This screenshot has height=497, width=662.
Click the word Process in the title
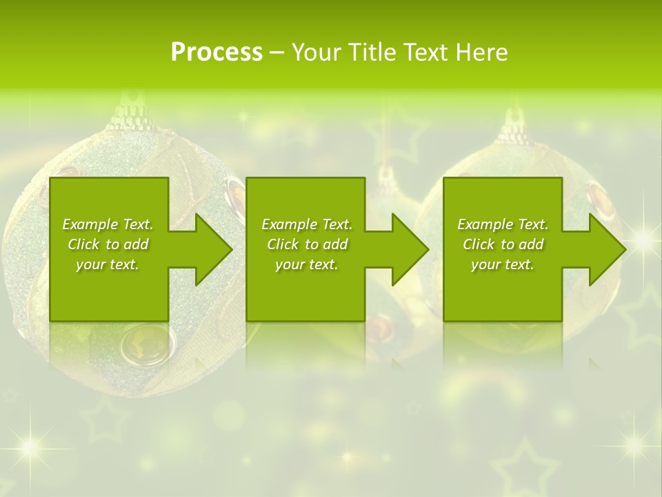click(217, 52)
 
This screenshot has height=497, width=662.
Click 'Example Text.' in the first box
click(108, 224)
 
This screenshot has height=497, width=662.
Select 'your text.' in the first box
click(108, 264)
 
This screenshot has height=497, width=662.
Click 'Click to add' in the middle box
click(307, 244)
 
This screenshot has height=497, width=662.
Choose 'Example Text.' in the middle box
click(307, 224)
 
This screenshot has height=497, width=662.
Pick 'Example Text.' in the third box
click(503, 224)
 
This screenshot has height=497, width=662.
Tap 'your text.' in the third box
click(503, 264)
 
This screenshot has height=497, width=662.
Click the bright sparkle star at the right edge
click(644, 239)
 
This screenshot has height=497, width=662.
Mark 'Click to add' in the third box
click(503, 244)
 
